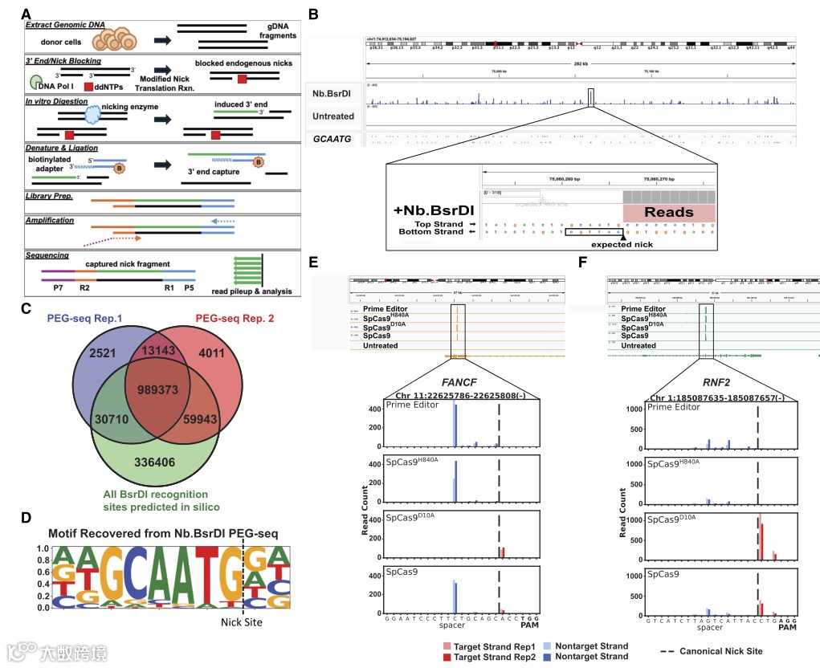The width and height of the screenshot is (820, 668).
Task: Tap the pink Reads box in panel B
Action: point(669,212)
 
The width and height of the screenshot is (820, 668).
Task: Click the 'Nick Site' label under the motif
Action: point(243,620)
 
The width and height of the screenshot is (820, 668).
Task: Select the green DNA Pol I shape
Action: point(37,80)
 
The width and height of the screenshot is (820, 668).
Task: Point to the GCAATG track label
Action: point(333,139)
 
